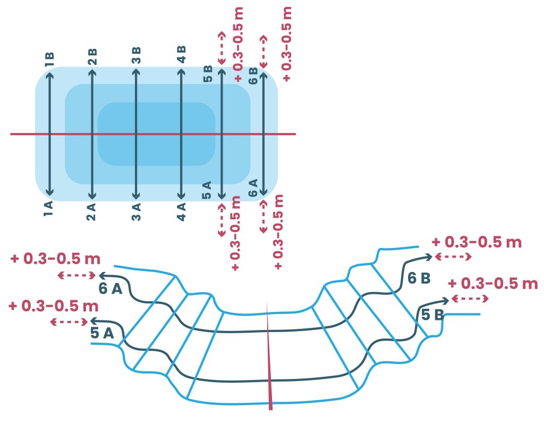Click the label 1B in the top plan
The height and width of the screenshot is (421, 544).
pyautogui.click(x=49, y=60)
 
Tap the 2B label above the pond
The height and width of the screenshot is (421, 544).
pyautogui.click(x=92, y=57)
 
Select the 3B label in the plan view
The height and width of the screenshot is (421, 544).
pyautogui.click(x=137, y=56)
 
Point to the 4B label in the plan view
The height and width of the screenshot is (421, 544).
pyautogui.click(x=181, y=55)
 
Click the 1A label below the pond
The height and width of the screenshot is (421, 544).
pyautogui.click(x=48, y=209)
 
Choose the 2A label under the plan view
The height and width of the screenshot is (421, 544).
pyautogui.click(x=91, y=212)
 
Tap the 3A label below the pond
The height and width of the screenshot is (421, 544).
pyautogui.click(x=137, y=212)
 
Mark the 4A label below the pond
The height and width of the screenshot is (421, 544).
pyautogui.click(x=181, y=212)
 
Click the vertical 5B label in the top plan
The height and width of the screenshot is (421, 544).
pyautogui.click(x=208, y=73)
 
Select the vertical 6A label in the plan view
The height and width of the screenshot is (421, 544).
pyautogui.click(x=253, y=188)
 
